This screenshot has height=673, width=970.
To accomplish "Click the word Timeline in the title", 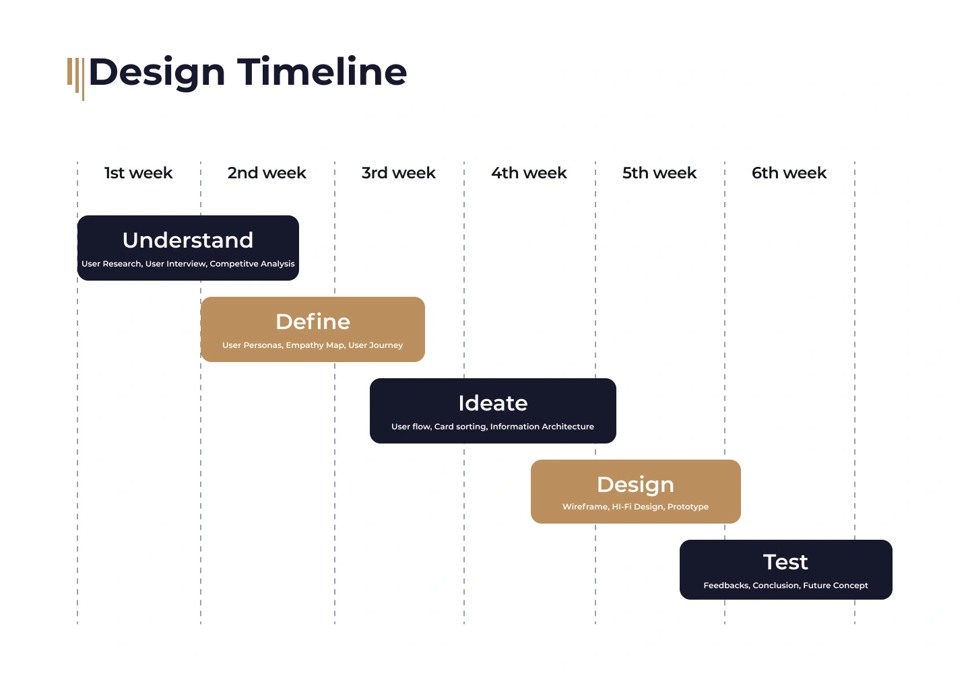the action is (x=322, y=71).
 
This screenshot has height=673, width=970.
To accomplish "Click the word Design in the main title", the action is (x=157, y=73).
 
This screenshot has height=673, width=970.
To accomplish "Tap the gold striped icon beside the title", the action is (x=75, y=79).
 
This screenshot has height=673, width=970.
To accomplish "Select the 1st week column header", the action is (x=139, y=173).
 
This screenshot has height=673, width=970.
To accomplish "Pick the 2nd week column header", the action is (x=267, y=173).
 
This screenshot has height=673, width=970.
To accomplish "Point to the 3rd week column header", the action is (x=398, y=173).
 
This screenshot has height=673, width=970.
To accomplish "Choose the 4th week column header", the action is (x=529, y=173).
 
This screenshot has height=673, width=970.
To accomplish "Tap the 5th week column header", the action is (x=659, y=173).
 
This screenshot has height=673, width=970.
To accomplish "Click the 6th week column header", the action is (x=789, y=173).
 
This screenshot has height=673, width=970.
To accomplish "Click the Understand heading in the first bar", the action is (x=188, y=240).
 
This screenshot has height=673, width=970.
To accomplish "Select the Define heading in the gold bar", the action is (x=313, y=322).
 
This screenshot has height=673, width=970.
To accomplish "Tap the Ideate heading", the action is (x=493, y=403).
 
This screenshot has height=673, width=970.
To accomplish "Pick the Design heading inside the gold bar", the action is (x=635, y=485).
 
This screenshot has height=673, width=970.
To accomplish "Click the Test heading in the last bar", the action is (x=785, y=562).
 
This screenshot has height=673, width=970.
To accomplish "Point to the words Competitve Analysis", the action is (x=252, y=264).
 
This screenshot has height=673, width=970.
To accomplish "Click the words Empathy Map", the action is (x=315, y=345).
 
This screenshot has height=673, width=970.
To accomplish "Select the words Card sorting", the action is (x=461, y=427).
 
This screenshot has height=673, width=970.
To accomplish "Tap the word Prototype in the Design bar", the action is (x=688, y=507).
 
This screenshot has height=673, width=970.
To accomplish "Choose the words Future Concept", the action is (x=835, y=586).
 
